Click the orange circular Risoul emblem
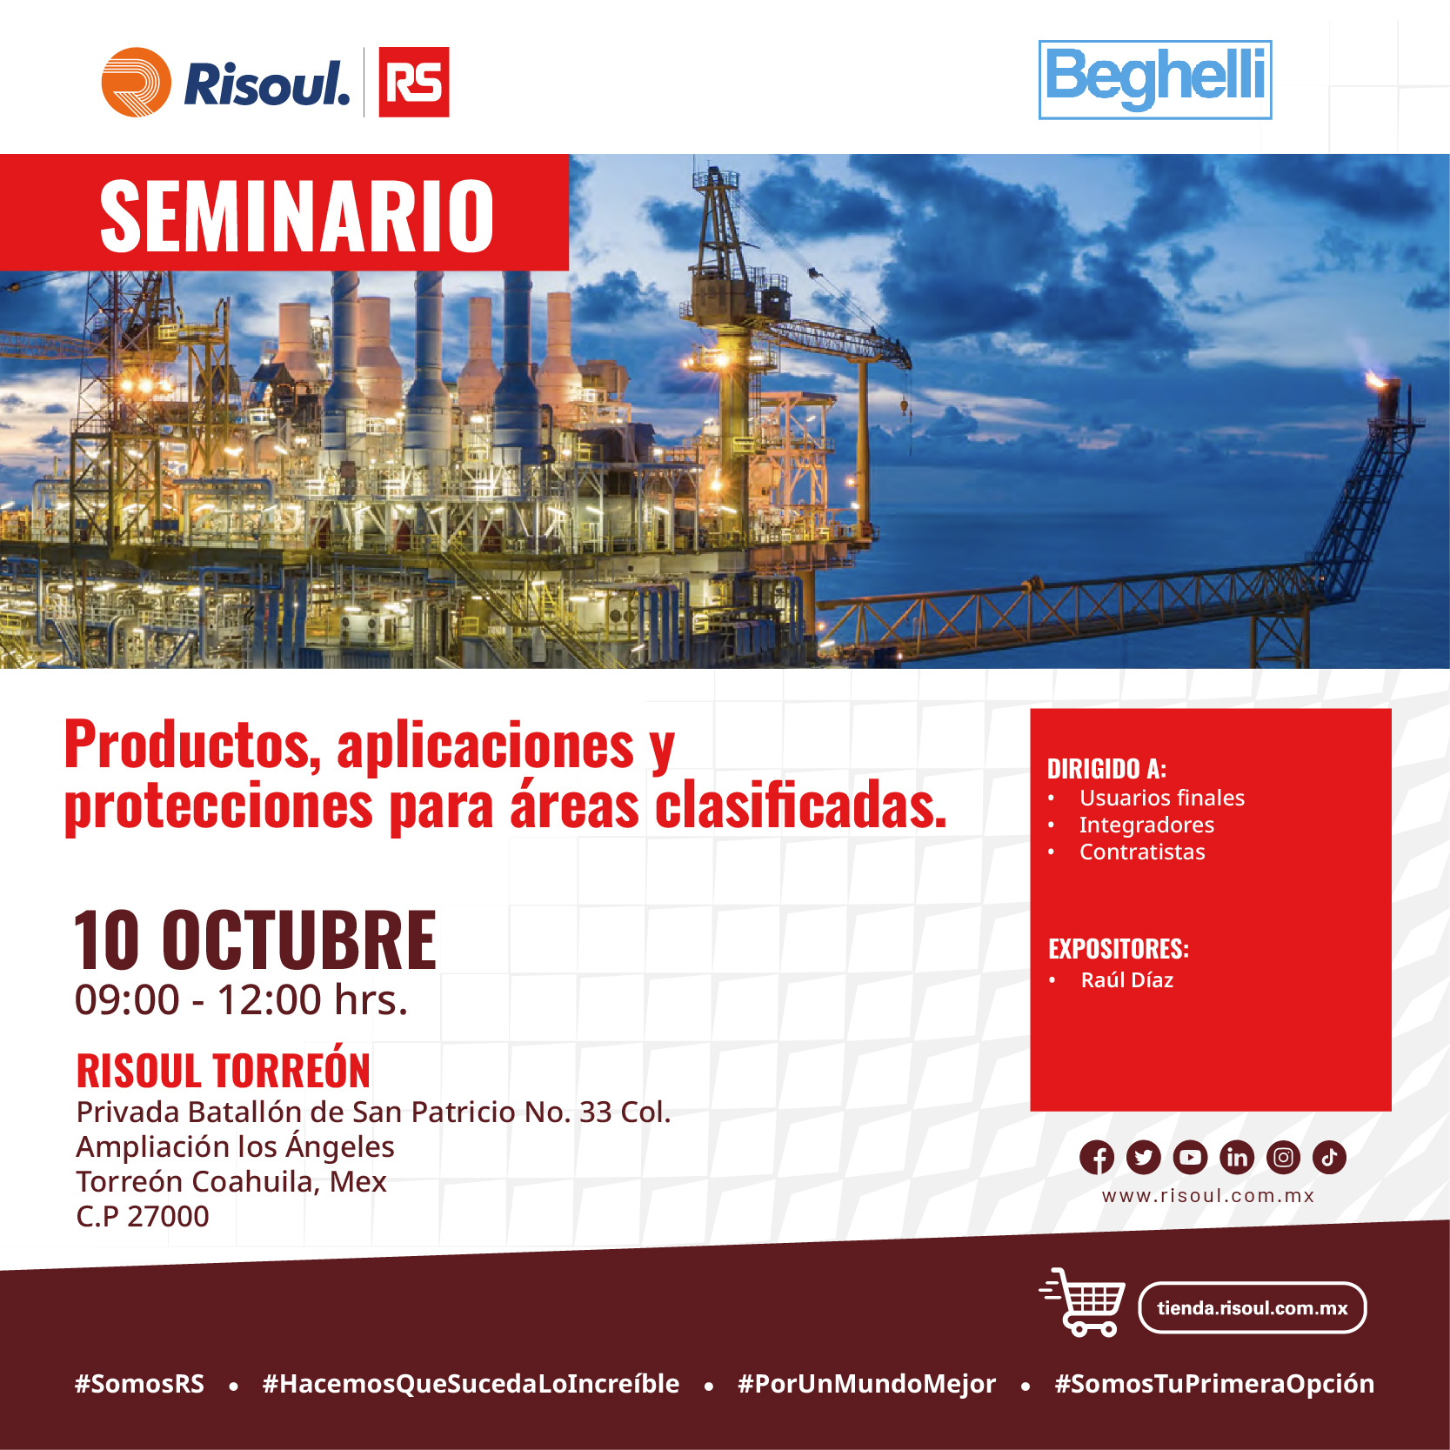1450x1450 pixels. coord(137,82)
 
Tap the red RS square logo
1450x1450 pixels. coord(414,82)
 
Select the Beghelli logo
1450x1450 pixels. coord(1155,79)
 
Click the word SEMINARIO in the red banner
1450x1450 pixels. coord(297,216)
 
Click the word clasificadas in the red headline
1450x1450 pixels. coord(800,805)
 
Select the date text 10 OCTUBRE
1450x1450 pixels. coord(255,939)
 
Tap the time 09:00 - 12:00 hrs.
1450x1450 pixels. coord(241,1000)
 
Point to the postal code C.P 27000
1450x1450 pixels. coord(143,1216)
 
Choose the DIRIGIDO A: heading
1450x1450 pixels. coord(1106,769)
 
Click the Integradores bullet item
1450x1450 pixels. coord(1146,825)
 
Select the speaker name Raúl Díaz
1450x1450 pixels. coord(1127,980)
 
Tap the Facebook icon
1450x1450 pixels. coord(1097,1158)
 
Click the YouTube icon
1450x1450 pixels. coord(1190,1158)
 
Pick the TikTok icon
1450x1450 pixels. coord(1329,1158)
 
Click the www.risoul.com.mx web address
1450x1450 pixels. coord(1208,1196)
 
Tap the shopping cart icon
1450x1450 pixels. coord(1083,1302)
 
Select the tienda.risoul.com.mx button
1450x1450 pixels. coord(1252,1307)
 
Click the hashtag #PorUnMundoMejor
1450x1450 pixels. coord(866,1384)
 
